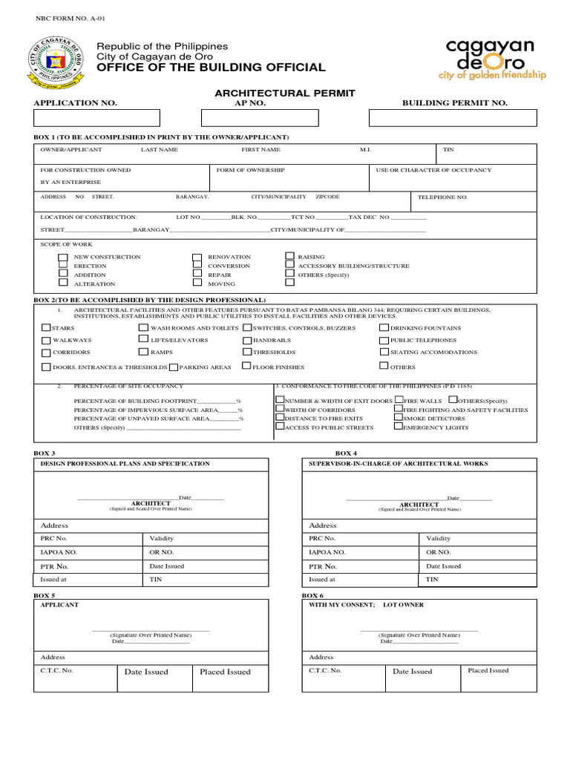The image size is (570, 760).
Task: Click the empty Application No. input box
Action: coord(96,118)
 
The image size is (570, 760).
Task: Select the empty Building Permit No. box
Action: coord(453,118)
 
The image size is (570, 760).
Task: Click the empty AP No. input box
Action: coord(261,118)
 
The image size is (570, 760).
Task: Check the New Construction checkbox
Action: coord(63,258)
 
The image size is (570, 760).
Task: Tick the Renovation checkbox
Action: coord(197,258)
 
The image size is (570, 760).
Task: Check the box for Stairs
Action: coord(46,327)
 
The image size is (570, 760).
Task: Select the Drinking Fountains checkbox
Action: coord(384,327)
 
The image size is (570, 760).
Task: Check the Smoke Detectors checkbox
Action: coord(398,418)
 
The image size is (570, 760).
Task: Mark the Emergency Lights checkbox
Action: coord(398,427)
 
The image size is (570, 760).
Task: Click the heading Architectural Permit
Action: coord(285,94)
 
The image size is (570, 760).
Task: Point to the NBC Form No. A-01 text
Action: coord(65,16)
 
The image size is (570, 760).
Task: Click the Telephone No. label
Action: coord(442,197)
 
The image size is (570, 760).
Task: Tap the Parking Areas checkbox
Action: coord(173,367)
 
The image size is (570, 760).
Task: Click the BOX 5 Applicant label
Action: coord(59,605)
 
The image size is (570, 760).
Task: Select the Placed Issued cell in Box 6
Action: coord(488,671)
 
